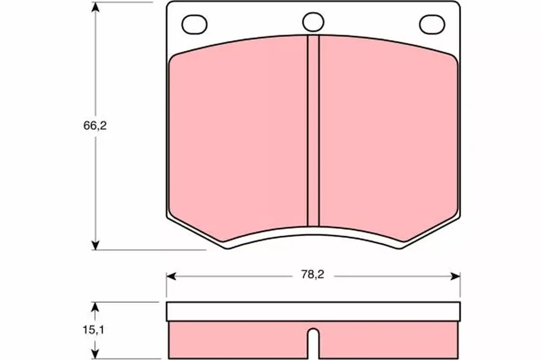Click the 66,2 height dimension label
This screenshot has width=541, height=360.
tap(95, 126)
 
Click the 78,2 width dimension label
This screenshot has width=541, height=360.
tap(313, 275)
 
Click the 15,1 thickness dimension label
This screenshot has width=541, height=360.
tap(93, 330)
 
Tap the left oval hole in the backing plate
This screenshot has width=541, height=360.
tap(194, 24)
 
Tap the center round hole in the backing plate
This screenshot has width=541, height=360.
tap(313, 22)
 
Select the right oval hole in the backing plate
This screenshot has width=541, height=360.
tap(432, 24)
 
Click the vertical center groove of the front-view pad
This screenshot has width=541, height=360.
tap(313, 131)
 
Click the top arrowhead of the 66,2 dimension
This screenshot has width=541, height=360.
tap(96, 8)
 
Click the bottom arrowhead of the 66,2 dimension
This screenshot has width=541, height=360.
tap(96, 244)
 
